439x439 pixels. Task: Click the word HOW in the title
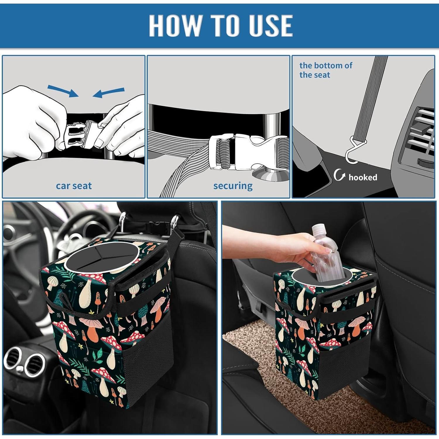(x=174, y=25)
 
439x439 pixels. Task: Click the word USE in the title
(x=270, y=25)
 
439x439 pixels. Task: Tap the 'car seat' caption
(x=74, y=186)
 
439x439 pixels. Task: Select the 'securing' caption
(x=233, y=186)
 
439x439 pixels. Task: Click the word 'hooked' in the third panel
(x=363, y=177)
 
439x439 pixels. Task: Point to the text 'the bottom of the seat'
(x=325, y=70)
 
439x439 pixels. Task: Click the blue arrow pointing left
(x=109, y=92)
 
